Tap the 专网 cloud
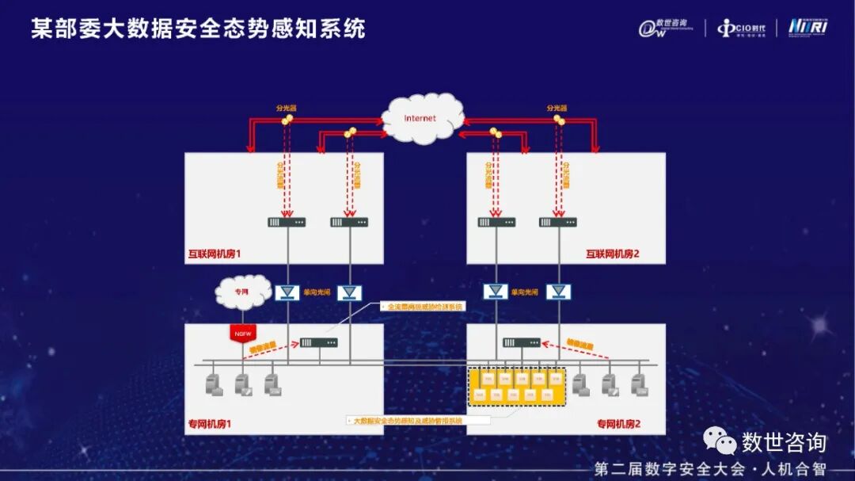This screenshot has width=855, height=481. point(242,292)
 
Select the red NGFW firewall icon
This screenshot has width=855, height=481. point(241,334)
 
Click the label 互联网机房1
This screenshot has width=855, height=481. point(214,254)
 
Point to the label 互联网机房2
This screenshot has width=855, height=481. point(612,254)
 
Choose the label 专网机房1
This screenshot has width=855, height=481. point(210,424)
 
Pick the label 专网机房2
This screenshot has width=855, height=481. point(618,424)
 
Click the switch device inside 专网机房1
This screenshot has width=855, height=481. point(318,342)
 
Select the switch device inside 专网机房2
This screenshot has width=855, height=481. point(521,342)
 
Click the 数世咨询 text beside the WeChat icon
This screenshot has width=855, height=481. point(783,442)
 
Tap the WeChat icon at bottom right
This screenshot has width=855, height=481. point(720,441)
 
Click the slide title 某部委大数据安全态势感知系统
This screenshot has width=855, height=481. point(199,29)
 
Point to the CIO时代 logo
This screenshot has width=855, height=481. point(741,29)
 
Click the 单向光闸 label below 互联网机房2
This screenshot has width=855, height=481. point(527,292)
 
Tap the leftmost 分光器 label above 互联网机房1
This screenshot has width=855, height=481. point(286,109)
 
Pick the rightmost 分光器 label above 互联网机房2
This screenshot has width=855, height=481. point(557,109)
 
